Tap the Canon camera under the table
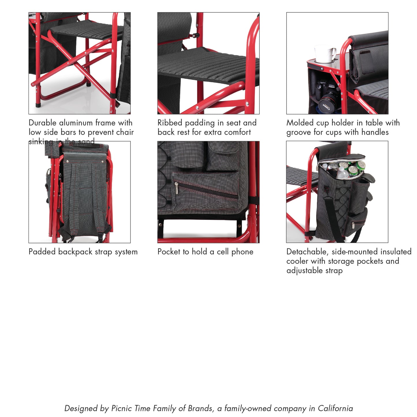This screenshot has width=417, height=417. (x=328, y=95)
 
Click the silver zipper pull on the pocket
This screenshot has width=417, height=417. (x=176, y=188)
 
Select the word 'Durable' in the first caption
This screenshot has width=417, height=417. (x=42, y=123)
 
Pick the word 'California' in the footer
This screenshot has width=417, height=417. (x=335, y=408)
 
